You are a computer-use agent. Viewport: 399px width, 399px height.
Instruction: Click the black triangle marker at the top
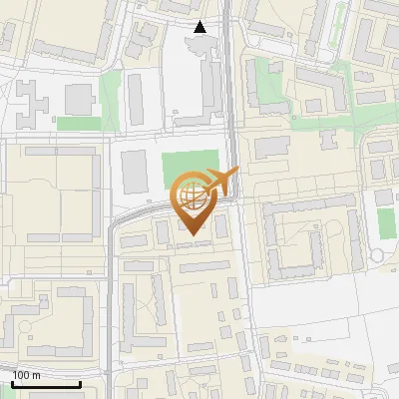(200, 27)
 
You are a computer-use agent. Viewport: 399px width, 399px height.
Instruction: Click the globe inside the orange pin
(195, 199)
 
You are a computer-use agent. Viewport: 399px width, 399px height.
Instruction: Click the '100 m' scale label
(26, 375)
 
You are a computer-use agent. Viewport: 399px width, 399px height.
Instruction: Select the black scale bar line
(46, 385)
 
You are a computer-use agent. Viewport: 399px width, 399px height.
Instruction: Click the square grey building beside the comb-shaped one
(79, 98)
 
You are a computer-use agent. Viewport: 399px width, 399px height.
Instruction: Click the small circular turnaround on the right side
(376, 256)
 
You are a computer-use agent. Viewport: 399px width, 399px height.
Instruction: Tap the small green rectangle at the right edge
(386, 221)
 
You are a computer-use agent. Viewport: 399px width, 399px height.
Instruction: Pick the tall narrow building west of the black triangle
(136, 99)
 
